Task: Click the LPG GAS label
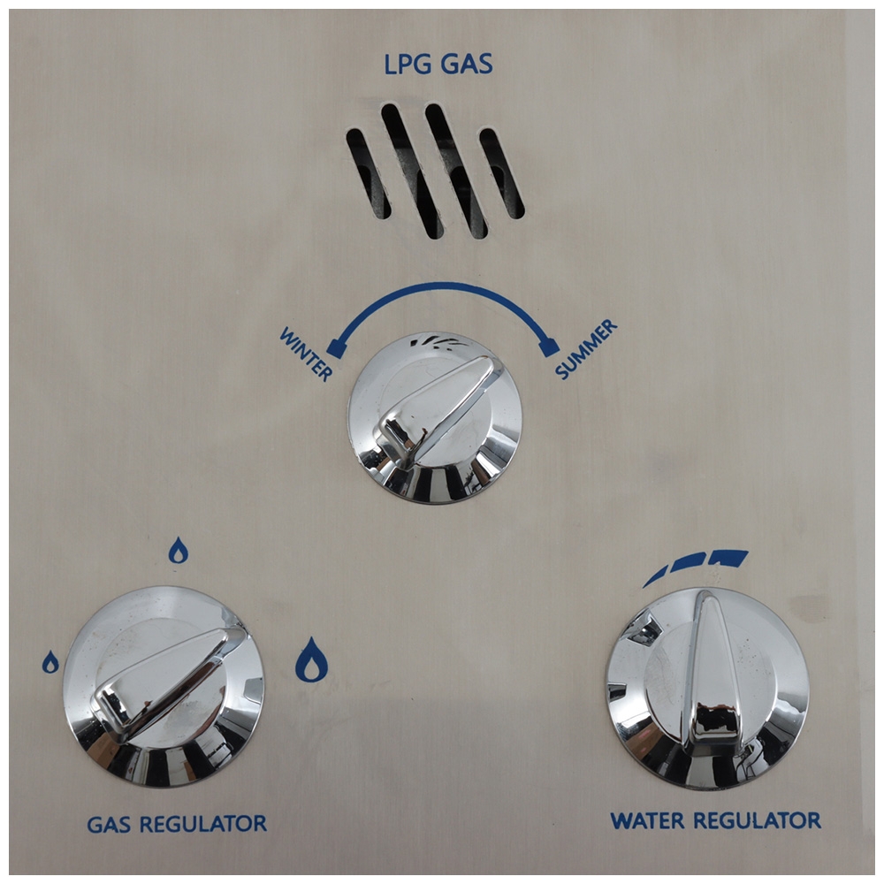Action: (x=439, y=65)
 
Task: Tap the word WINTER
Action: (x=306, y=354)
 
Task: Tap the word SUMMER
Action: (x=585, y=349)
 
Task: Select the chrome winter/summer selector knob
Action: (x=434, y=420)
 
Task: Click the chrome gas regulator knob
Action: (x=164, y=685)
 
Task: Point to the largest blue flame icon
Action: (x=311, y=659)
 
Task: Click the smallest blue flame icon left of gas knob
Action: (x=50, y=662)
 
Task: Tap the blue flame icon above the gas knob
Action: (x=179, y=551)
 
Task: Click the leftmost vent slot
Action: (x=368, y=173)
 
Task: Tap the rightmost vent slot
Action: (x=501, y=173)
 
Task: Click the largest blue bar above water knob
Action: (x=730, y=557)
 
